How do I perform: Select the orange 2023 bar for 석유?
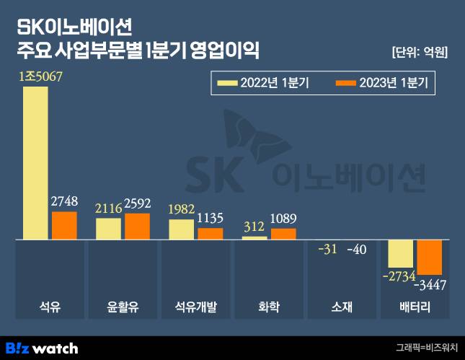pyautogui.click(x=64, y=225)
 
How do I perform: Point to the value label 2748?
pyautogui.click(x=64, y=202)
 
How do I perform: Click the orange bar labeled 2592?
pyautogui.click(x=137, y=226)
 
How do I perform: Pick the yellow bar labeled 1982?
pyautogui.click(x=182, y=229)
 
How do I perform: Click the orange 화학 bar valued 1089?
pyautogui.click(x=283, y=233)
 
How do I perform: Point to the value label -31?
pyautogui.click(x=328, y=250)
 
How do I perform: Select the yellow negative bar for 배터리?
pyautogui.click(x=401, y=253)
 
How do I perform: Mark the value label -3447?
pyautogui.click(x=428, y=284)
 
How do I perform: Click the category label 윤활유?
pyautogui.click(x=123, y=307)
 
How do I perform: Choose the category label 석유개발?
pyautogui.click(x=196, y=307)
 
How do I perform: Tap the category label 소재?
pyautogui.click(x=342, y=307)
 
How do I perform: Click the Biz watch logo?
pyautogui.click(x=41, y=347)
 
